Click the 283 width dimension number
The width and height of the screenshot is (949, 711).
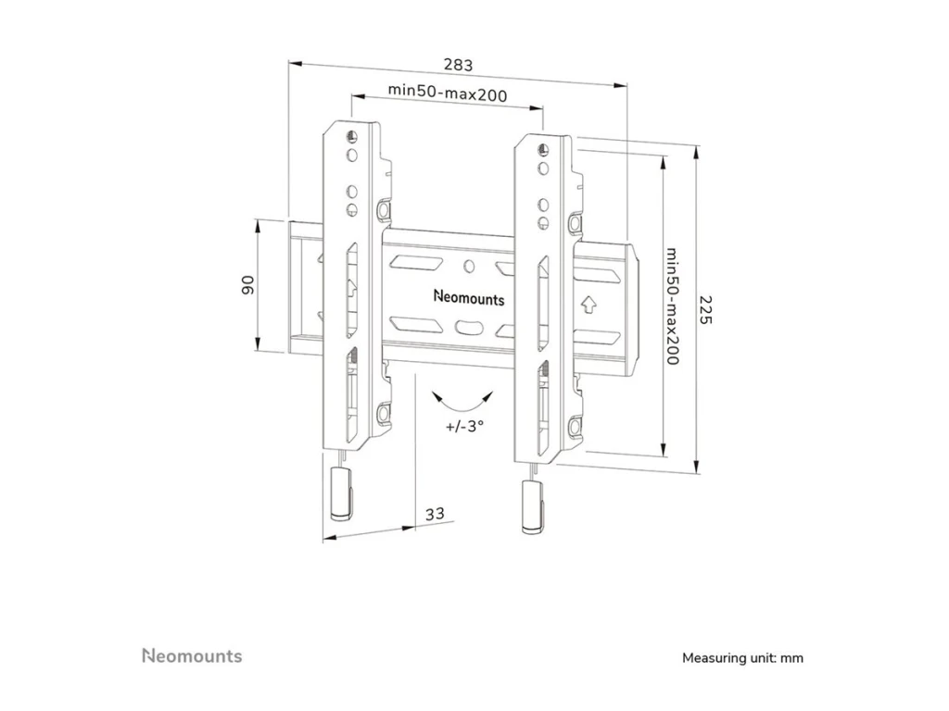point(458,65)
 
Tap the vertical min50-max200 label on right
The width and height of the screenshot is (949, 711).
point(673,306)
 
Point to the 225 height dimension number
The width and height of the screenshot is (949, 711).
point(705,309)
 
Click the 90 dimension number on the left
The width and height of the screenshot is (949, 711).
point(247,285)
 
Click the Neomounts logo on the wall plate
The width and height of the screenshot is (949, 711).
point(469,298)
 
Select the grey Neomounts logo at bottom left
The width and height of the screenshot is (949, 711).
point(192,656)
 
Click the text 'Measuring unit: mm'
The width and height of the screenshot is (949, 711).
point(742,658)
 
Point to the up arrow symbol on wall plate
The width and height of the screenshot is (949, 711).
point(588,304)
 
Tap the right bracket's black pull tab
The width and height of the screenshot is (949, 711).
point(531,507)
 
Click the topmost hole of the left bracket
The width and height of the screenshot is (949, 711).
point(351,136)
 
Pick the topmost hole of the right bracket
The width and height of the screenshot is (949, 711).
point(542,147)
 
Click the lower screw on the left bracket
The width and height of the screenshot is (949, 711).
point(382,409)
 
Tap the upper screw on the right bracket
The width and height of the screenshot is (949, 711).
point(575,224)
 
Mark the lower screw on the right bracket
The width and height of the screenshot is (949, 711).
point(574,425)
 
